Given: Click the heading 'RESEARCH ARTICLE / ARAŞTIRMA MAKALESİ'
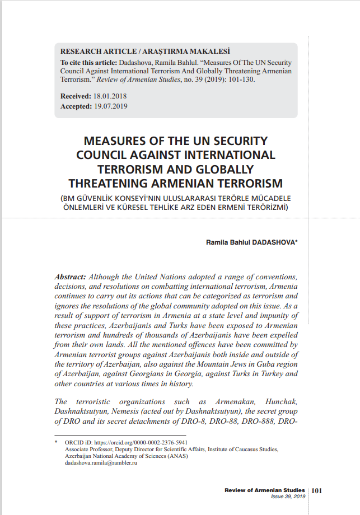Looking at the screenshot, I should [x=145, y=51].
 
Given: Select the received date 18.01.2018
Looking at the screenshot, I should [x=110, y=97].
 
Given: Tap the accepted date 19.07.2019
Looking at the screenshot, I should [x=110, y=106].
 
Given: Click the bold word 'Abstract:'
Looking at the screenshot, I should [x=70, y=277].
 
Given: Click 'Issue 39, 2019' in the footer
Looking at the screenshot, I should [x=288, y=497].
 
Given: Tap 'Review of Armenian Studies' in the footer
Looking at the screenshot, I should [x=265, y=490].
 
